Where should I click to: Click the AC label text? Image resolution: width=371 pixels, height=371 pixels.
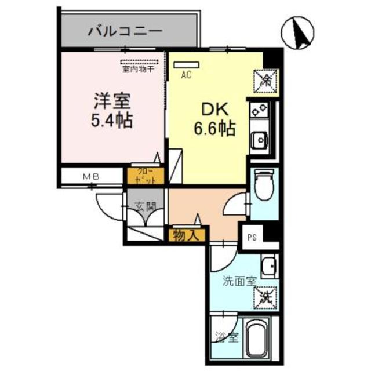tap(186, 75)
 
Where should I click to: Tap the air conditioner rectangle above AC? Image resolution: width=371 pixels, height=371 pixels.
tap(186, 64)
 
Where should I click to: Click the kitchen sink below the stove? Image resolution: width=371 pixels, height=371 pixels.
tap(259, 139)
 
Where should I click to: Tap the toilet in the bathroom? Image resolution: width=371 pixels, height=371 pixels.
tap(263, 185)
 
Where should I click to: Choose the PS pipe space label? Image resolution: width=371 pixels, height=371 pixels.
tap(252, 237)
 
